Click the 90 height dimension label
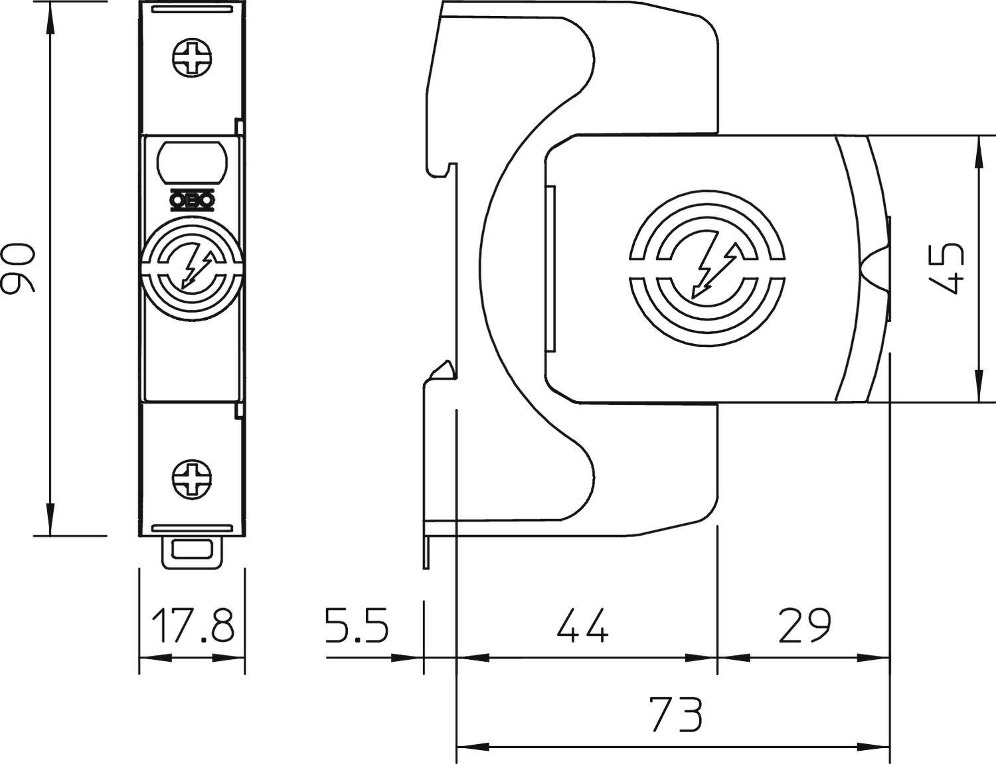pos(19,267)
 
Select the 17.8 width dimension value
pos(193,625)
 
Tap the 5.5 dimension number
pos(357,625)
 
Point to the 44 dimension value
pos(582,625)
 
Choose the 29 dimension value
pos(804,625)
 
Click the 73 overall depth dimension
pos(675,714)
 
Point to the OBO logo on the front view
pos(193,200)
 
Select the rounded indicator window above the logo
pos(193,161)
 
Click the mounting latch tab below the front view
pos(193,552)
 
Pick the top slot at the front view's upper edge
pos(193,10)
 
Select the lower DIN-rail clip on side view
pos(442,371)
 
